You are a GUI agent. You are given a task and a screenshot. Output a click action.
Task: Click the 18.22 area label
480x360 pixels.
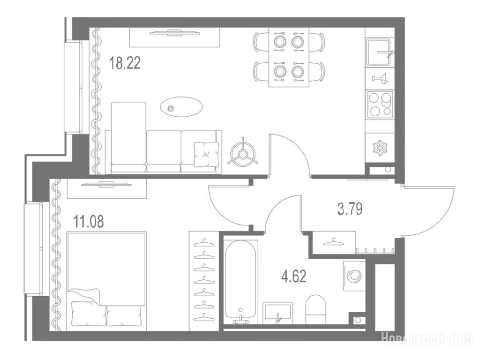[125, 63]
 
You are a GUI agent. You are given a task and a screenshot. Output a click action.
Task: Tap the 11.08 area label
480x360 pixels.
[89, 221]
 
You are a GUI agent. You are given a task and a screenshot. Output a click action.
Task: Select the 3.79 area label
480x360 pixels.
[350, 209]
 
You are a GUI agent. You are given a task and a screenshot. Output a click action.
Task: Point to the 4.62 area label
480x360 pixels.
[293, 277]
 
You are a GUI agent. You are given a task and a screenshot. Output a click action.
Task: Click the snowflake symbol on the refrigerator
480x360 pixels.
[380, 148]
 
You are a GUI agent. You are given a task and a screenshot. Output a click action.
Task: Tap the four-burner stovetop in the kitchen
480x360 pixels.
[380, 104]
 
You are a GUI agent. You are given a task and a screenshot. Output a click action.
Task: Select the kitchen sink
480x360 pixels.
[379, 52]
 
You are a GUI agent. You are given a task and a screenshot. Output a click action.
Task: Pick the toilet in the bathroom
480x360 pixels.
[316, 309]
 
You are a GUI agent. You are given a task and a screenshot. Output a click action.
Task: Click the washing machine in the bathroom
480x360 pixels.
[354, 276]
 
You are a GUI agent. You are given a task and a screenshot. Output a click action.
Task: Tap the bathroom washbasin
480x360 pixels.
[277, 313]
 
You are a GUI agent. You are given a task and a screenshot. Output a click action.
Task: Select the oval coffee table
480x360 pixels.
[181, 106]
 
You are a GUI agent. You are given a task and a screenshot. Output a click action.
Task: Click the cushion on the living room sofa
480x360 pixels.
[206, 154]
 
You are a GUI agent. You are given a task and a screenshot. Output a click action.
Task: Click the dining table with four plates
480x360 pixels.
[289, 57]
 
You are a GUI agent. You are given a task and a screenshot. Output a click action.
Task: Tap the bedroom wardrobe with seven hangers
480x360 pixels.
[204, 281]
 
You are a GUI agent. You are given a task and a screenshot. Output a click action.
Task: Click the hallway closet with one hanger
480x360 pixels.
[334, 242]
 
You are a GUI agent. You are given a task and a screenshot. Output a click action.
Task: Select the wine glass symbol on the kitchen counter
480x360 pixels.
[380, 79]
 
